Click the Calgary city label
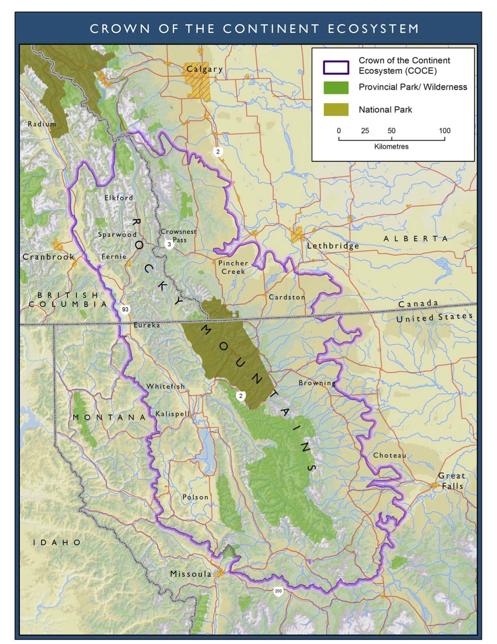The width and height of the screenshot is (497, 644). click(205, 69)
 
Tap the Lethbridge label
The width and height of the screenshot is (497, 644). click(333, 246)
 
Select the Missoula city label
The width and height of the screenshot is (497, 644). click(191, 574)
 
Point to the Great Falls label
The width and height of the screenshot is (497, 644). click(451, 481)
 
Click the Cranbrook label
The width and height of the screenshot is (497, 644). click(48, 257)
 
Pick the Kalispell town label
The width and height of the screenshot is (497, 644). click(172, 414)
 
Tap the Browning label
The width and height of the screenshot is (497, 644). click(317, 383)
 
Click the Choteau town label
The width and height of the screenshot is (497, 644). click(389, 455)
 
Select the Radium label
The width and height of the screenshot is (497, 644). click(42, 124)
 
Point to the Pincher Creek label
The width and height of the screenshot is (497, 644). click(233, 267)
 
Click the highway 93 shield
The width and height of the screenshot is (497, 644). click(125, 310)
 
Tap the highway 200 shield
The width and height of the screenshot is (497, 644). click(278, 591)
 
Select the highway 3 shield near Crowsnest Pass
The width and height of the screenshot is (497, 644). click(169, 245)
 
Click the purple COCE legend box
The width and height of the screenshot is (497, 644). click(336, 67)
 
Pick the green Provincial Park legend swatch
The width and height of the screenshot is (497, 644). click(336, 87)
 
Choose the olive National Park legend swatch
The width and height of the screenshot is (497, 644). click(336, 110)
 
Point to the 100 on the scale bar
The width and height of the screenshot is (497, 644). click(444, 131)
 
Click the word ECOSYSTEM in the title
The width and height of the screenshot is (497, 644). click(373, 29)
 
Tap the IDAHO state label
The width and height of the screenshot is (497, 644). click(57, 542)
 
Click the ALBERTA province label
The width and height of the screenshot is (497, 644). click(416, 238)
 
